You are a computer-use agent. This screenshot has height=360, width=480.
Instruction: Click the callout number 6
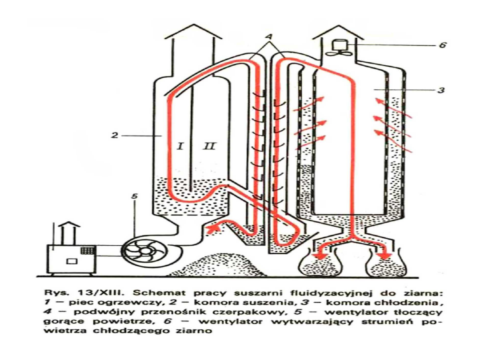pos(442,45)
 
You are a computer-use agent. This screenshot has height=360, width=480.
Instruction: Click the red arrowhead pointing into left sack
pos(317,257)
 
